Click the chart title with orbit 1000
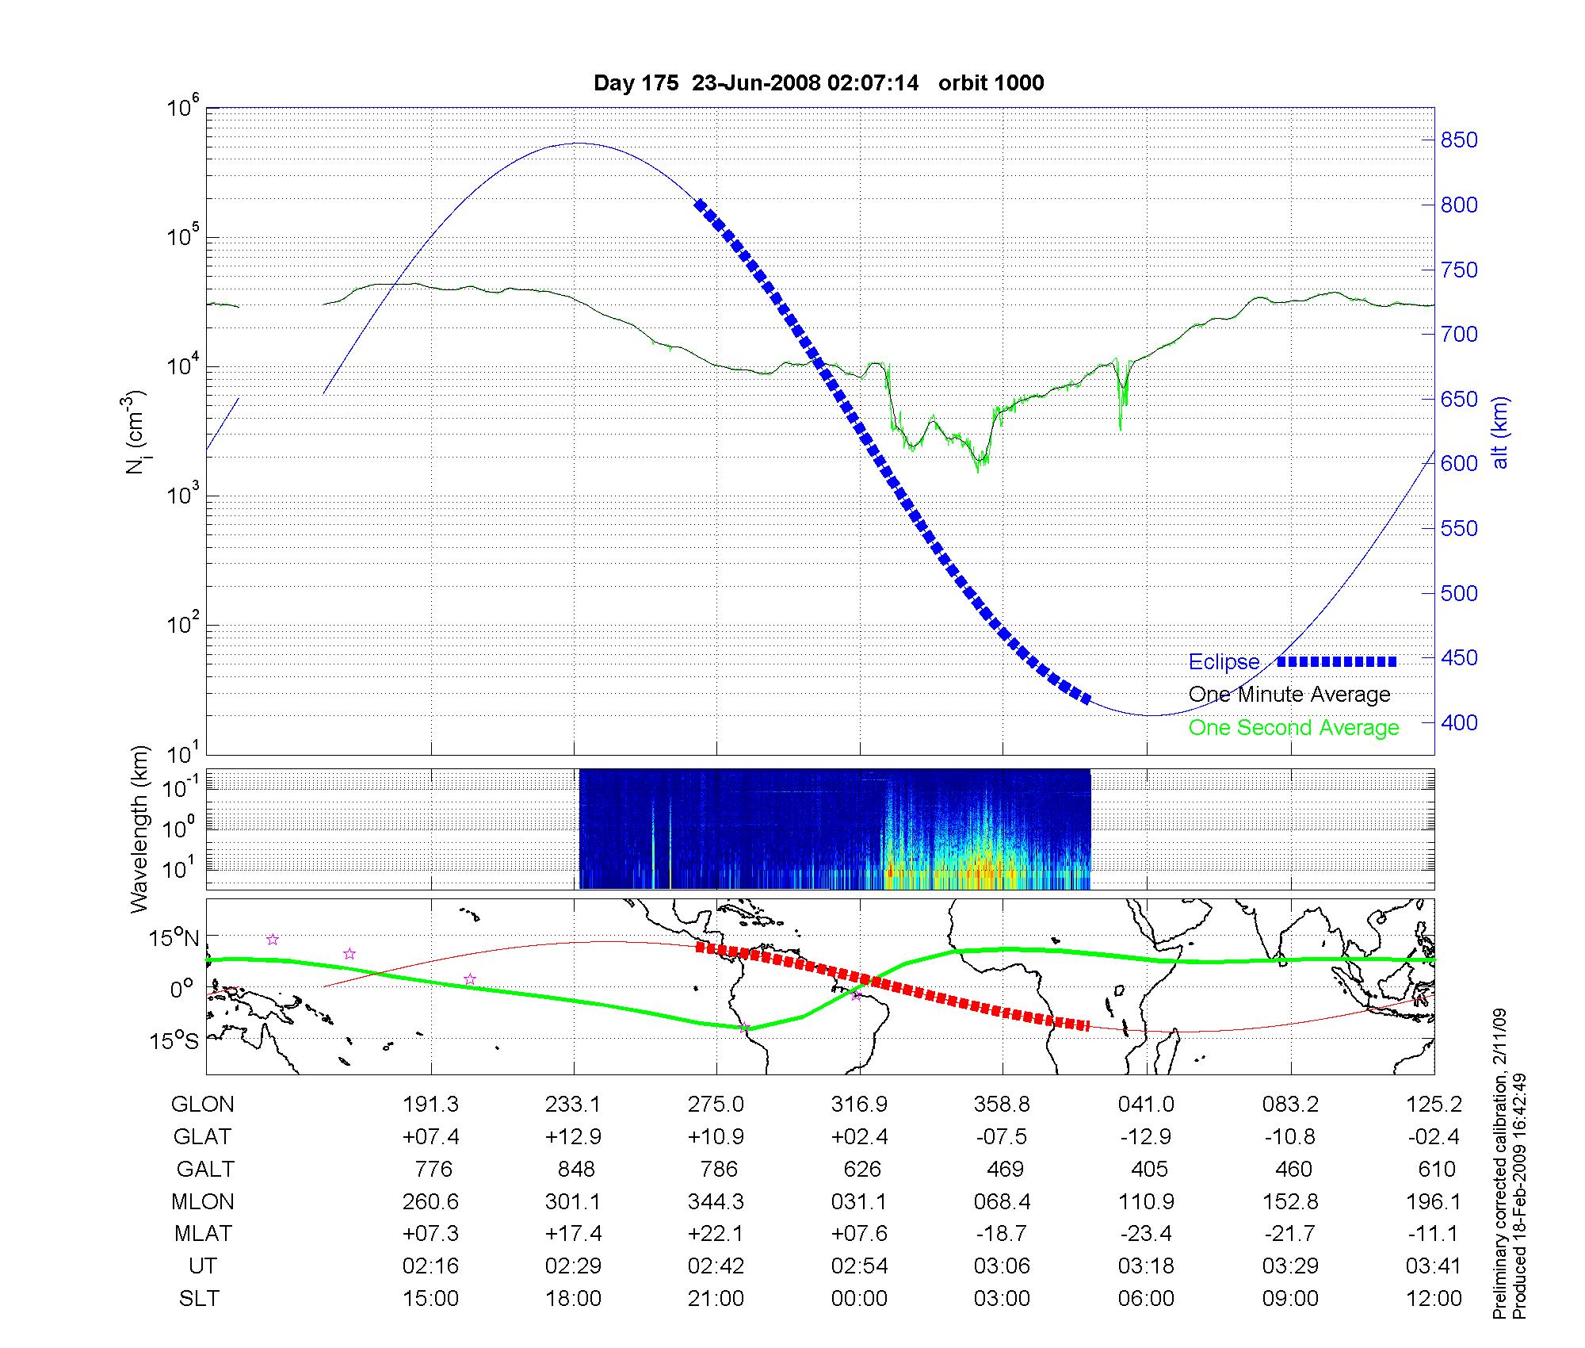pos(819,83)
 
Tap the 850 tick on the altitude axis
pos(1458,140)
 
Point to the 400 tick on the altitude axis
pos(1458,722)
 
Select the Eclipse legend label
pos(1224,662)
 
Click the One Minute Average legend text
pos(1289,695)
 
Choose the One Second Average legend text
pos(1293,728)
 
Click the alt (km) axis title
pos(1500,432)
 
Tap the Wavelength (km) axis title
pos(140,829)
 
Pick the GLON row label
pos(203,1105)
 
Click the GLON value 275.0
pos(716,1105)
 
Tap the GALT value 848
pos(575,1170)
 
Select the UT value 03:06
pos(1003,1266)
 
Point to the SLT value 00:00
pos(860,1299)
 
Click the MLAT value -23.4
pos(1146,1234)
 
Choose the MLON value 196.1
pos(1434,1202)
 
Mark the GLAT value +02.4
pos(860,1137)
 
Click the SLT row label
pos(199,1299)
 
